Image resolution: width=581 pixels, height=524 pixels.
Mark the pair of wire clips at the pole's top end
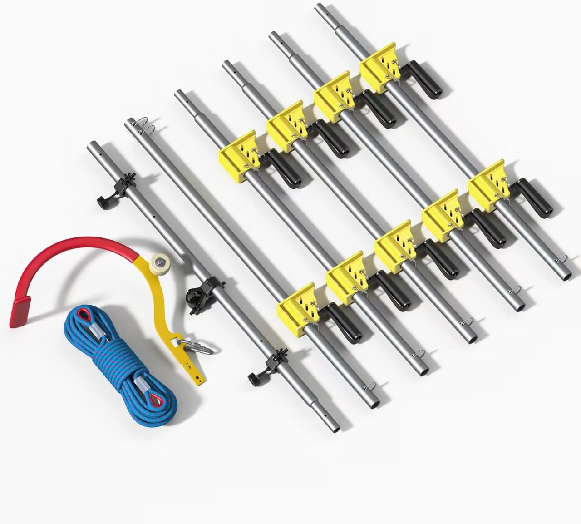click(142, 126)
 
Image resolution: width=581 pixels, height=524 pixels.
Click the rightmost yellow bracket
click(489, 181)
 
